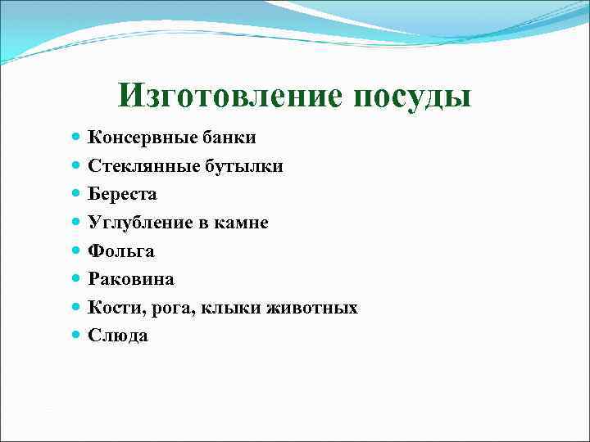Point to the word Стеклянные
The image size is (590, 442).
(x=138, y=166)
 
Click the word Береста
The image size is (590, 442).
(x=122, y=195)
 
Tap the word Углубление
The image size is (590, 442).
(x=138, y=223)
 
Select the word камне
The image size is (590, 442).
(x=243, y=223)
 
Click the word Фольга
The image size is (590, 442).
(x=121, y=251)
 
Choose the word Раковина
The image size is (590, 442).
(x=131, y=279)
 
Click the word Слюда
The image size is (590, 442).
(x=119, y=336)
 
